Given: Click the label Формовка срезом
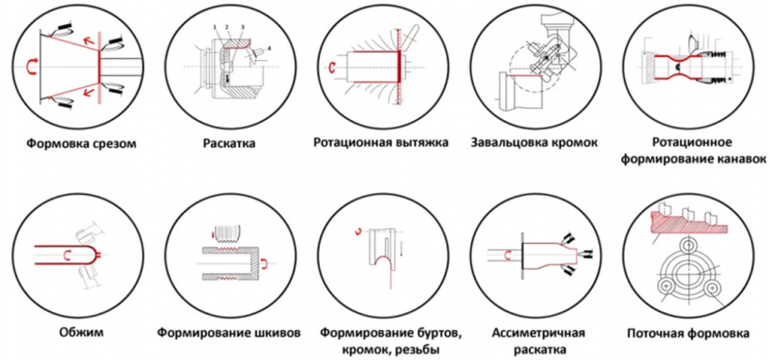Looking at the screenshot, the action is (x=81, y=144).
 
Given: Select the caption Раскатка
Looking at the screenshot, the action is (x=230, y=144).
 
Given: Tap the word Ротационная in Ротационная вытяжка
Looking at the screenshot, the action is (x=350, y=143).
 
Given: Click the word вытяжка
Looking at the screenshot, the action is (x=420, y=143).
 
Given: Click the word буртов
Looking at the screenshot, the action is (x=439, y=334).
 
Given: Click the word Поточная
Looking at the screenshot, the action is (x=654, y=334).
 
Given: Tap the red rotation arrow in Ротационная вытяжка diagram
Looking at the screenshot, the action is (x=334, y=67).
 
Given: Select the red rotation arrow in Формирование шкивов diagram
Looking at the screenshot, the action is (x=264, y=264).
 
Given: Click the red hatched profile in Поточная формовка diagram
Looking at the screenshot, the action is (x=688, y=224).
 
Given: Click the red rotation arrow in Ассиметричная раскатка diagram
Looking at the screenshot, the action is (x=509, y=254).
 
